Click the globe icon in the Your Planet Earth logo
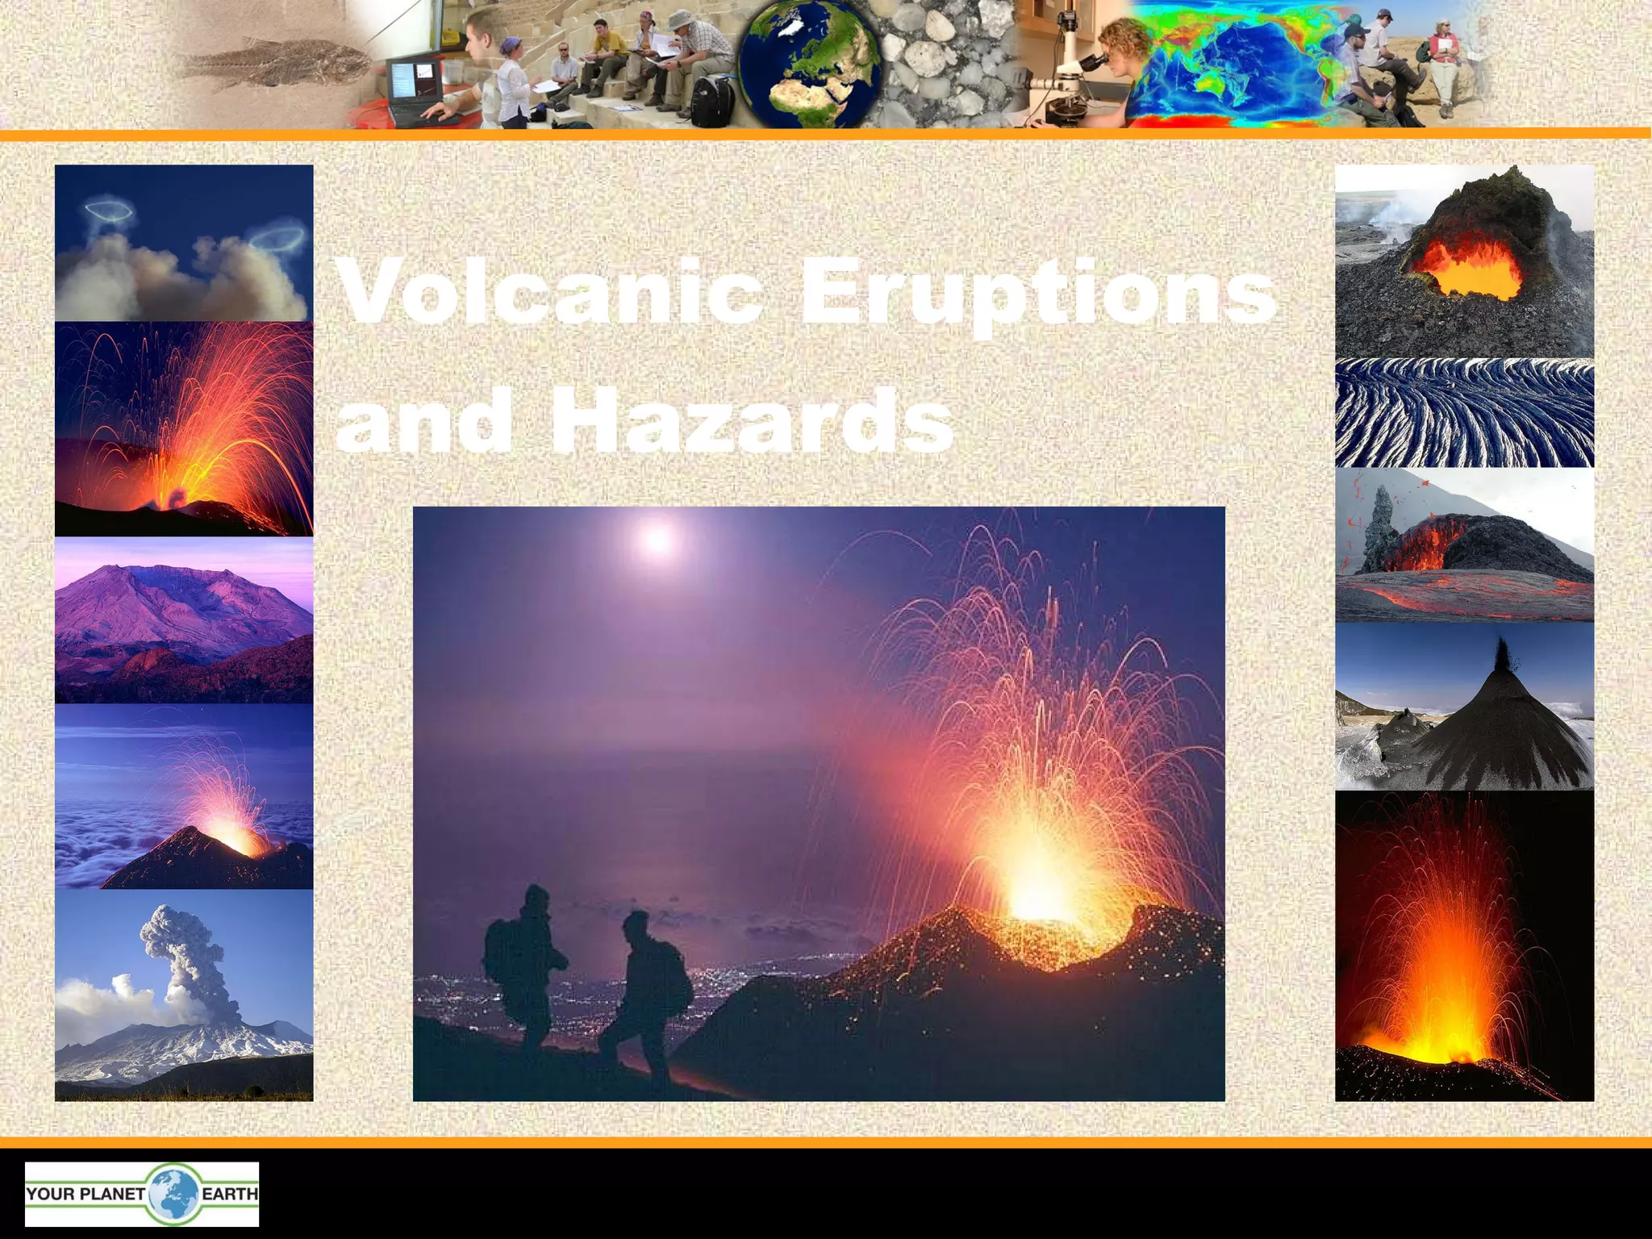(x=172, y=1194)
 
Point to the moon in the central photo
(x=657, y=538)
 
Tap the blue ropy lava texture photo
(x=1464, y=413)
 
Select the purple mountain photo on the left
(x=184, y=621)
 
